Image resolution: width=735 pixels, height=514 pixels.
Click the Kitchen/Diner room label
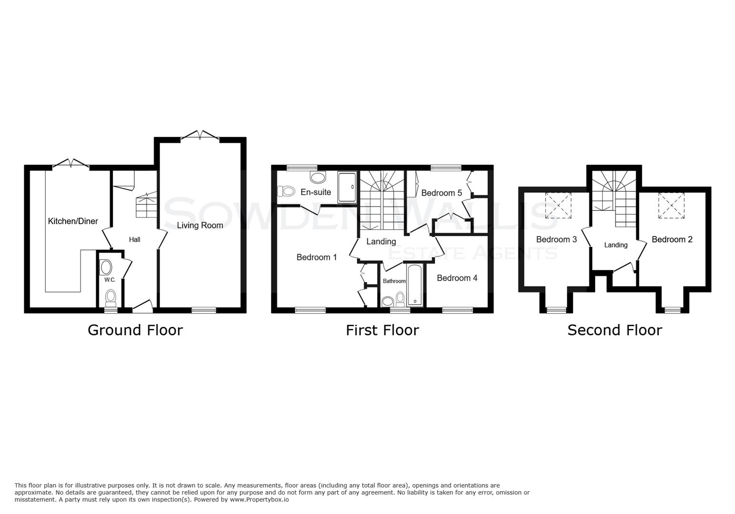tap(73, 221)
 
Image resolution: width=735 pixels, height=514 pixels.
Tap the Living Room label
tap(200, 225)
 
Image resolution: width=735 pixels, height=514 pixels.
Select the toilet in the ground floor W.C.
tap(111, 297)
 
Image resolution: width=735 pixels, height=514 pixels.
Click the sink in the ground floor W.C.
tap(106, 267)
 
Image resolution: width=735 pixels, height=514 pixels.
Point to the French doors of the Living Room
tap(200, 136)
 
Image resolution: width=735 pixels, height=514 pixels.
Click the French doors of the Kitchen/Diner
tap(71, 164)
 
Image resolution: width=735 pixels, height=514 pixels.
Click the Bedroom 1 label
tap(317, 257)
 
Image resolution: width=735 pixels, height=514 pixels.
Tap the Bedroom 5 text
tap(441, 193)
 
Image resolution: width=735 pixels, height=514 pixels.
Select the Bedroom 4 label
tap(457, 278)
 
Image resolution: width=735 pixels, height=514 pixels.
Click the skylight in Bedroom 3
tap(558, 205)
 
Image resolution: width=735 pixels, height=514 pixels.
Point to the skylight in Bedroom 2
tap(671, 205)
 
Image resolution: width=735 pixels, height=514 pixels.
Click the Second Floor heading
tap(614, 330)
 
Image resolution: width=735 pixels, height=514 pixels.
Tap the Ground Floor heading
tap(135, 330)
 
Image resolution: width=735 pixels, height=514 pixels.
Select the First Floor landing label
tap(381, 242)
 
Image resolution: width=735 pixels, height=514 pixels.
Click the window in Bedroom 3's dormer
tap(553, 310)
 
